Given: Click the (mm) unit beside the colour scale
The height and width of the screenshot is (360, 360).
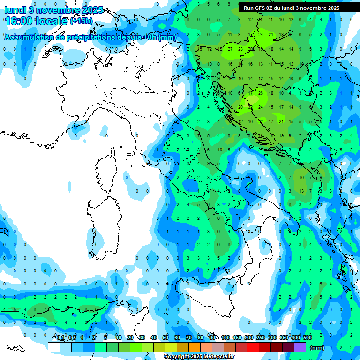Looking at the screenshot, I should coord(317,348).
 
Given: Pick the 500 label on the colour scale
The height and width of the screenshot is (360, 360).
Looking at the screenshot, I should coord(307,337).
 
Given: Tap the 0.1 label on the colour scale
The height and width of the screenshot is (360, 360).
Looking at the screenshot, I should coord(60,337).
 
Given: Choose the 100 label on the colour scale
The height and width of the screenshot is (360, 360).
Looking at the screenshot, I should coord(225,337).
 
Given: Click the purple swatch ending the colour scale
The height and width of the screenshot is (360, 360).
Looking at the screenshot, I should coord(300,347).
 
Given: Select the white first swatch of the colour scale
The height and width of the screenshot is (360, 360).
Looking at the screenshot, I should coord(54,347).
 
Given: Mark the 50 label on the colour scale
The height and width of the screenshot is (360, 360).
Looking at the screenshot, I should coord(165,337).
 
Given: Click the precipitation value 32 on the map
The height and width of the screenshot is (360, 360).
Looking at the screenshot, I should coord(250,107).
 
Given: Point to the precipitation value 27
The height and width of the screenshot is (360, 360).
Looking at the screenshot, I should coord(230,49).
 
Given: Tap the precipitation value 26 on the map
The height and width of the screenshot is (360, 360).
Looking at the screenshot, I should coord(261,93).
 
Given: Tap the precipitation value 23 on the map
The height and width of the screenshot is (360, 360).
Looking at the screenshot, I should coord(240,49).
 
